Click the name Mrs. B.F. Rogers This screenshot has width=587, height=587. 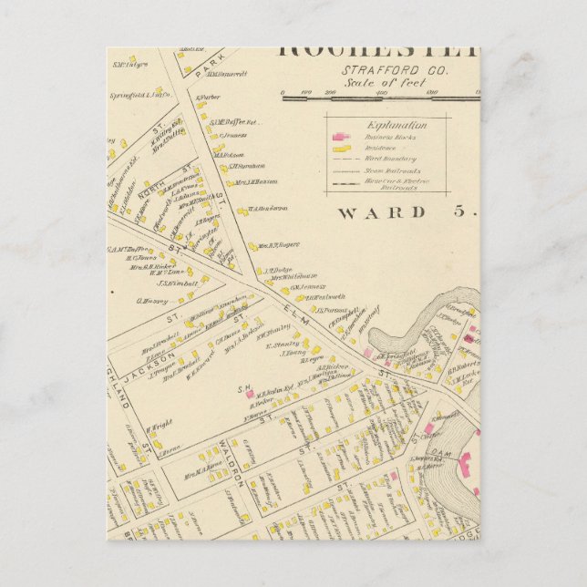pos(277,245)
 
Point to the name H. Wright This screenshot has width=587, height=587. pos(160,424)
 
